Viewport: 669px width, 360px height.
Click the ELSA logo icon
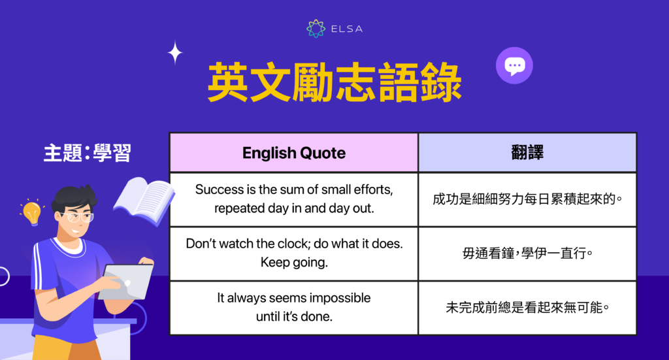pos(316,29)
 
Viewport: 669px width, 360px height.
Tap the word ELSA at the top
pos(346,29)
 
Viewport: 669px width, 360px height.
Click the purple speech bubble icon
pos(514,65)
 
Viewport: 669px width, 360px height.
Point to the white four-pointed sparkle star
pos(175,53)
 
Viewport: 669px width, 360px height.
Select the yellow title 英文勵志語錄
pos(334,83)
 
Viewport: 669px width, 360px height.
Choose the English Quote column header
pos(294,153)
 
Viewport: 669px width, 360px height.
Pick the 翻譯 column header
pos(527,153)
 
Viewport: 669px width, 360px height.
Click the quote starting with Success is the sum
pos(293,199)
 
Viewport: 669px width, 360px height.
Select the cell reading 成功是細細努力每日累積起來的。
pos(527,199)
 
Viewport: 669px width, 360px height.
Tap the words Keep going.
pos(293,263)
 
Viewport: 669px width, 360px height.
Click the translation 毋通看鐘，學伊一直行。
pos(527,254)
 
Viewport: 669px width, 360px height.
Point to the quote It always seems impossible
pos(293,298)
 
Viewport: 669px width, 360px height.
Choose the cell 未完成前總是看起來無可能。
pos(527,308)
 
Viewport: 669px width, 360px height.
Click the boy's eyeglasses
pos(76,217)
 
